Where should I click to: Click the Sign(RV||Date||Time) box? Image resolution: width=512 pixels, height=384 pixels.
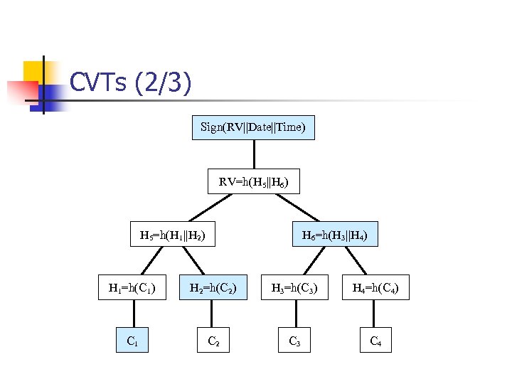(x=253, y=127)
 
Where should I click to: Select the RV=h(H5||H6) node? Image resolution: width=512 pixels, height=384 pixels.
(x=253, y=182)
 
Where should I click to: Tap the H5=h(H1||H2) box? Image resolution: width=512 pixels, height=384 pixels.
(x=173, y=234)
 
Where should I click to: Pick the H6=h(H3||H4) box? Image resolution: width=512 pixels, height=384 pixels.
(x=335, y=234)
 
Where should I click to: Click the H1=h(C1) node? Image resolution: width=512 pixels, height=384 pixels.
(x=132, y=287)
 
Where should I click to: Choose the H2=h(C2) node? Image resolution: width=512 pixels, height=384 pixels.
(x=213, y=287)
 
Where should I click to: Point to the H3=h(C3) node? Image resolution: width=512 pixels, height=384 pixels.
(x=294, y=287)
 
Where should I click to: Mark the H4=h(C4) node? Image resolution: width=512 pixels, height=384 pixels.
(x=375, y=287)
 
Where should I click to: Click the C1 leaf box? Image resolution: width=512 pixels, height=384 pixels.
(x=132, y=341)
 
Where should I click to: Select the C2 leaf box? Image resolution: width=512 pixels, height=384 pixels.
(x=213, y=341)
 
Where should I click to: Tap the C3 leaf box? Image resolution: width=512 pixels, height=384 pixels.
(x=294, y=341)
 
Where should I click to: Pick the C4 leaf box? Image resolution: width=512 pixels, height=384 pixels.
(x=375, y=341)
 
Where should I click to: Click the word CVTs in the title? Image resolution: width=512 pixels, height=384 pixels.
(x=98, y=83)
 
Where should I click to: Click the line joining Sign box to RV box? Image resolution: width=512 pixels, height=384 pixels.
(x=253, y=154)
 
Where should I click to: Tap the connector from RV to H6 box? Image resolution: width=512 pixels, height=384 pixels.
(x=297, y=208)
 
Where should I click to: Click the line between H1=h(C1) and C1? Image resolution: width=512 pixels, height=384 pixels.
(x=132, y=314)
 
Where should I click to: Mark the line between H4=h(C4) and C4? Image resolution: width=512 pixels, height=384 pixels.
(x=375, y=314)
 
